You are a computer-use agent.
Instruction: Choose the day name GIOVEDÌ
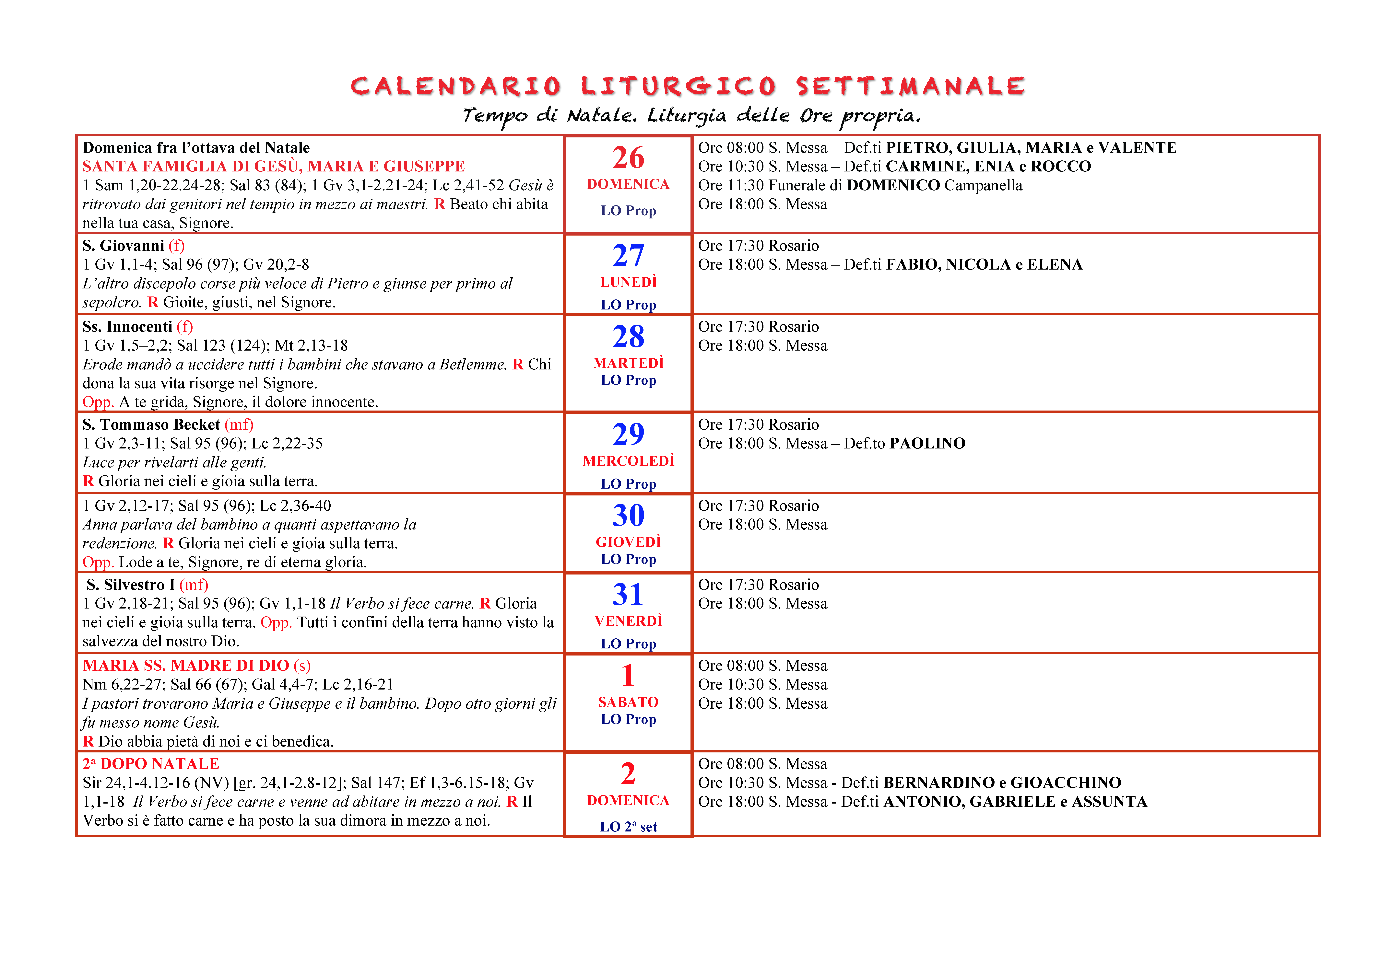click(x=628, y=542)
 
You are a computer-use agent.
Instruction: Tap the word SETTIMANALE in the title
click(x=911, y=87)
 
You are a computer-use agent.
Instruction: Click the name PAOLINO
click(x=927, y=443)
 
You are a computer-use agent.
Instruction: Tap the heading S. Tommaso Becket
click(x=151, y=425)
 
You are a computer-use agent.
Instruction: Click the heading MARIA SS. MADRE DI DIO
click(x=186, y=666)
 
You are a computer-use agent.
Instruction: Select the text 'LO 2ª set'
click(x=628, y=827)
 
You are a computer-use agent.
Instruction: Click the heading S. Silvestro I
click(x=130, y=585)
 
